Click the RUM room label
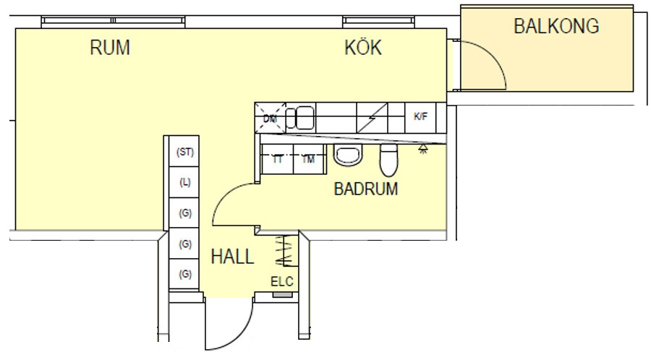pos(110,48)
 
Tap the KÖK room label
pos(362,48)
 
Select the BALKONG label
pos(556,27)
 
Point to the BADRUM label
pos(366,189)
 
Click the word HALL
pos(232,257)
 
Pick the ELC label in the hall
pos(282,282)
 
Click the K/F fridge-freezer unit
pos(420,116)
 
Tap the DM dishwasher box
pos(271,117)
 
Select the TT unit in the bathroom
pos(277,159)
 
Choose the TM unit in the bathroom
pos(309,159)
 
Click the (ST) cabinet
pos(185,152)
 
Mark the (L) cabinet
pos(185,182)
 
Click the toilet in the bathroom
pos(389,160)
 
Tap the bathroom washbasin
pos(349,155)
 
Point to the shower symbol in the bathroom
pos(423,150)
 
